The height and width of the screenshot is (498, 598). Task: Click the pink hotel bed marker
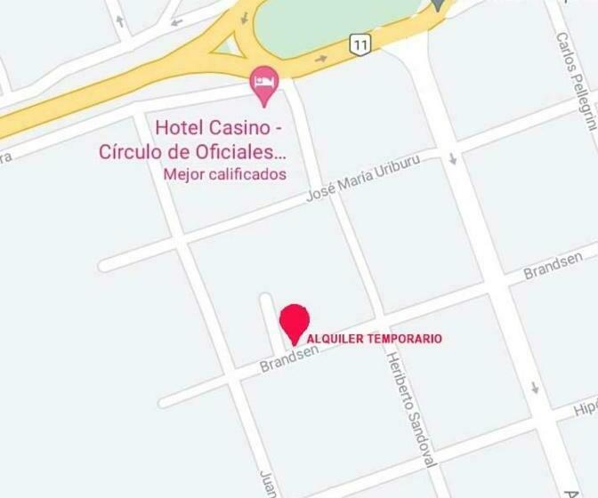(x=264, y=81)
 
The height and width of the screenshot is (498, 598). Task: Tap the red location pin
(x=295, y=321)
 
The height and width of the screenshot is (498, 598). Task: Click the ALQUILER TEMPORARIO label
(x=374, y=339)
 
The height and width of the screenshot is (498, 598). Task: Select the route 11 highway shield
(x=360, y=44)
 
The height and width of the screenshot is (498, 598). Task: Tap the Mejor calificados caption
(x=225, y=174)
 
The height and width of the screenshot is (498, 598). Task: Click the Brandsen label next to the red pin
(x=289, y=359)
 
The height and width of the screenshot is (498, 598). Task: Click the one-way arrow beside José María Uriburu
(x=453, y=159)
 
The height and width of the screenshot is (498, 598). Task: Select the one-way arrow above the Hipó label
(x=535, y=389)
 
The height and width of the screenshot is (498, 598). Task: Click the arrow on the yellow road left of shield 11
(x=321, y=57)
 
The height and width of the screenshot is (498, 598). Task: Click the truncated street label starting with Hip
(x=585, y=408)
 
